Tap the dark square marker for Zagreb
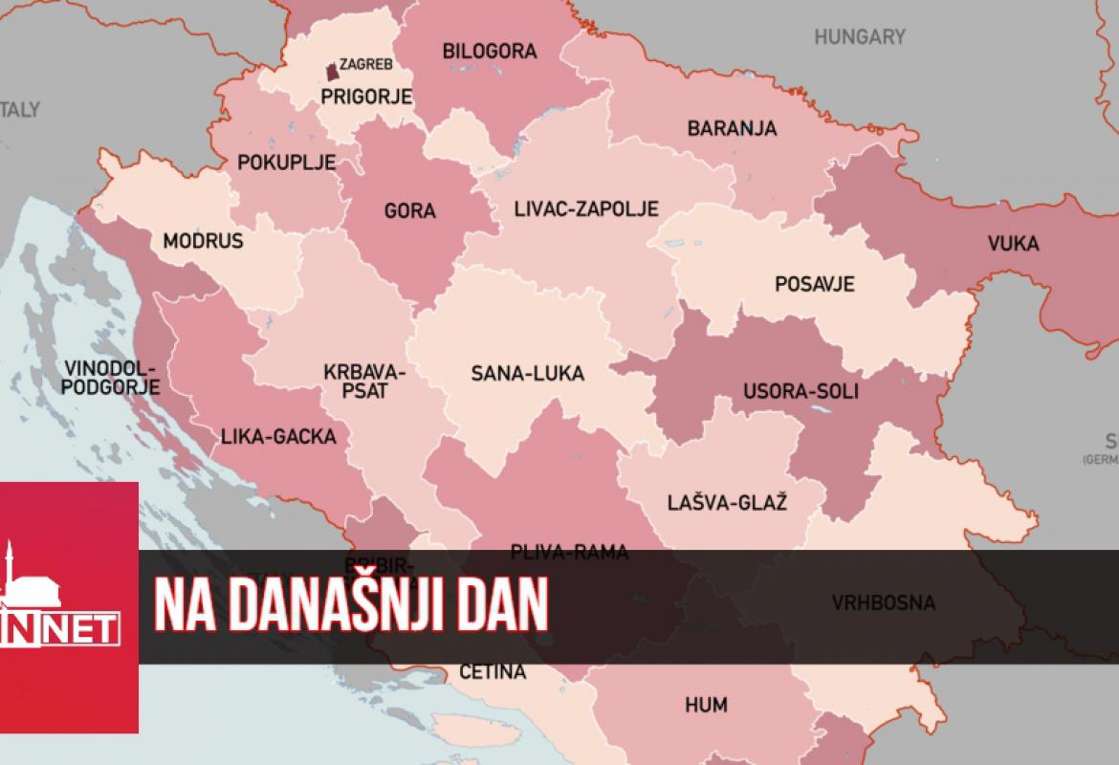click(x=332, y=72)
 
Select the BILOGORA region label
click(x=490, y=52)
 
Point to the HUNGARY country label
click(x=860, y=37)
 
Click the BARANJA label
click(x=732, y=128)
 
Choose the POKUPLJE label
click(x=286, y=163)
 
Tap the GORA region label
click(x=409, y=211)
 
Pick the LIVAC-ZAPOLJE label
click(x=585, y=208)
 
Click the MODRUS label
click(x=203, y=241)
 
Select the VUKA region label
click(x=1014, y=244)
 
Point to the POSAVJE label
click(x=815, y=284)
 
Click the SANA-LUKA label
click(x=527, y=374)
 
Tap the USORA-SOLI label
click(x=801, y=391)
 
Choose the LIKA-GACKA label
click(x=278, y=437)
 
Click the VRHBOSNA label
click(x=883, y=603)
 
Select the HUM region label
click(x=706, y=706)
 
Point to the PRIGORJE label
click(x=366, y=96)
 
